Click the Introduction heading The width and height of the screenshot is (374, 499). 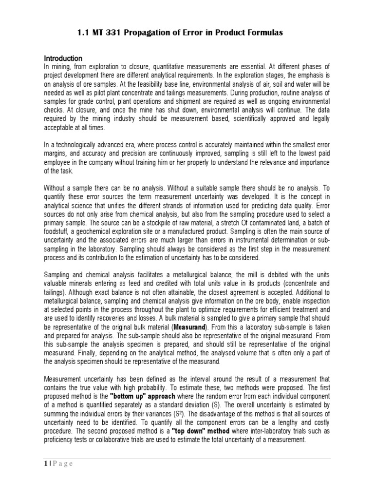63,58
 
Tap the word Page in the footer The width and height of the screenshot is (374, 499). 62,463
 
